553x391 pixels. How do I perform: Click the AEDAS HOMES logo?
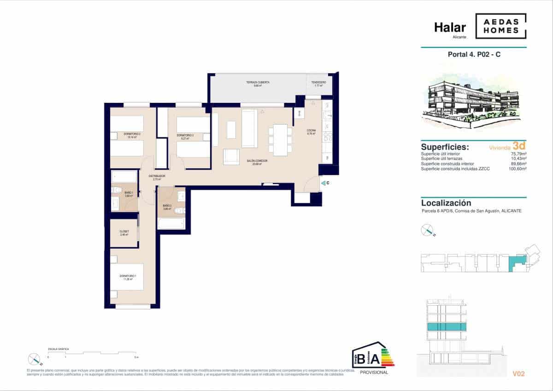point(500,26)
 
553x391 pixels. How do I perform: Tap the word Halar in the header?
point(450,28)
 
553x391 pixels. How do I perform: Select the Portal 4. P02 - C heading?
point(473,54)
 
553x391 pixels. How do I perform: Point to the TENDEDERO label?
point(318,83)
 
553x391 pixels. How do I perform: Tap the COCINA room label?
point(312,131)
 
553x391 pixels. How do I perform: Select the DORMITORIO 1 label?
point(128,275)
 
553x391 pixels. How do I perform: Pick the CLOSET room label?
point(124,231)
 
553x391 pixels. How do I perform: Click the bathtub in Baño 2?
point(171,223)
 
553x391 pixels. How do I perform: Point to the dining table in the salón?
point(280,140)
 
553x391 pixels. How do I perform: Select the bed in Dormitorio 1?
point(127,277)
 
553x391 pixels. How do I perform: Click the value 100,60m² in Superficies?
point(517,169)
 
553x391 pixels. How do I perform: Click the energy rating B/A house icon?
point(372,356)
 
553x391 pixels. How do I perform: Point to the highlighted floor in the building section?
point(447,327)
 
